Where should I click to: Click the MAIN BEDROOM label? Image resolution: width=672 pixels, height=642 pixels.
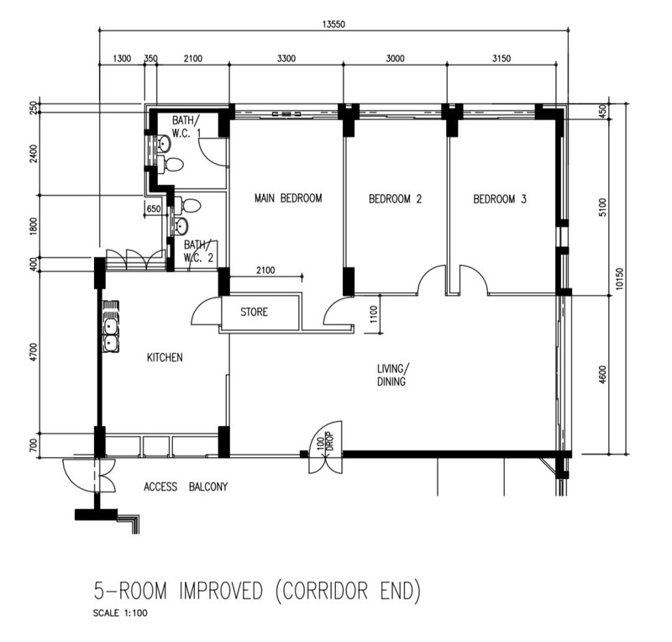pos(288,198)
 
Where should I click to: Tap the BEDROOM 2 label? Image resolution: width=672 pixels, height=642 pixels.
pos(395,199)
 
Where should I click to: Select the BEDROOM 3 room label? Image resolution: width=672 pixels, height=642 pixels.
pos(500,199)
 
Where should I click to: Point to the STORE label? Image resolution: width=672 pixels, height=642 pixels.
pos(255,312)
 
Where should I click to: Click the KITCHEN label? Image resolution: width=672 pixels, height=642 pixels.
pos(165,357)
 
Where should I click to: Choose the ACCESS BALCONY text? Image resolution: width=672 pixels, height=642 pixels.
pos(186,487)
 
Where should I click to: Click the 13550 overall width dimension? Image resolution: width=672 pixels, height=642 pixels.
pos(333,24)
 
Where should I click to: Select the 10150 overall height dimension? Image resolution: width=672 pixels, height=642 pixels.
pos(619,279)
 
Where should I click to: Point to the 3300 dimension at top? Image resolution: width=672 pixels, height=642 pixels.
pos(286,58)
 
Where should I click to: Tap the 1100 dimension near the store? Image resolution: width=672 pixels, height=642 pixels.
pos(373,314)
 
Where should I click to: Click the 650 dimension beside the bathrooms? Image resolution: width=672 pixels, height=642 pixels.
pos(154,209)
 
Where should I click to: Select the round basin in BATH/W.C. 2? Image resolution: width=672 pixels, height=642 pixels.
pos(181,225)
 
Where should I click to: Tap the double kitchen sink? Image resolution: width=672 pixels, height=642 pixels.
pos(111,334)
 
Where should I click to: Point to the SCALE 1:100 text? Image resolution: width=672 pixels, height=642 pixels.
pos(120,613)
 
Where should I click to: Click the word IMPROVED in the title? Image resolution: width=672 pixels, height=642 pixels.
pos(220,591)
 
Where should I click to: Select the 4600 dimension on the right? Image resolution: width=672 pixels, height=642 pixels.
pos(602,374)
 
